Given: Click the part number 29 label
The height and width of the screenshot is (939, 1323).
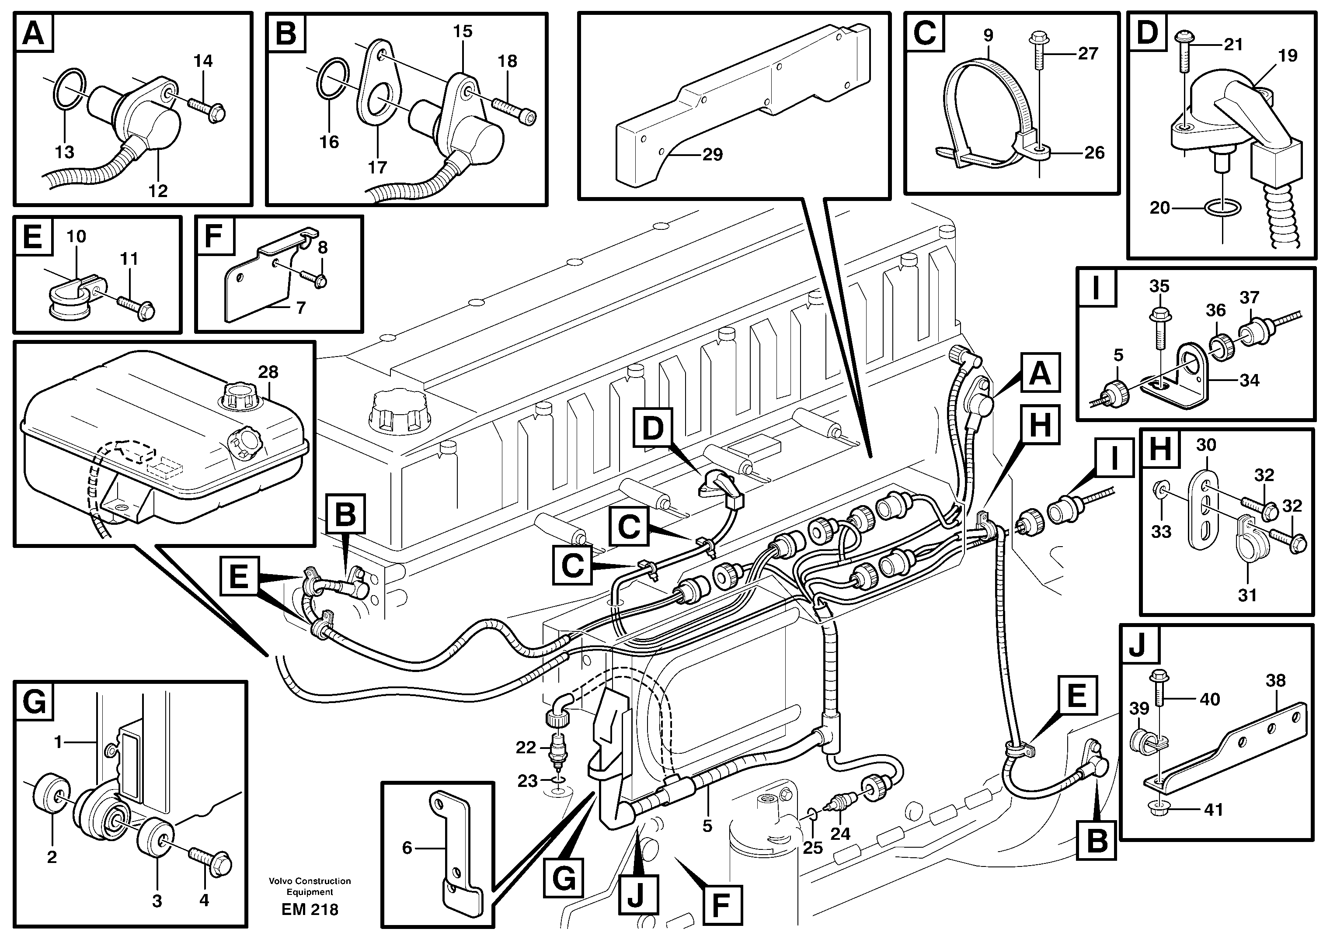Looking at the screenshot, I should point(712,155).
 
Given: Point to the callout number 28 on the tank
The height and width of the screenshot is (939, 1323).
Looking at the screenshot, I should point(268,372).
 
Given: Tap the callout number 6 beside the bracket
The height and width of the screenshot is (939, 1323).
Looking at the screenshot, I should point(407,848).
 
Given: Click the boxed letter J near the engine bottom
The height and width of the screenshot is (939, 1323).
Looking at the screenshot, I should point(635,898).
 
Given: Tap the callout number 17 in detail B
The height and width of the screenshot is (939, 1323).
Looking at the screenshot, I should point(377,168).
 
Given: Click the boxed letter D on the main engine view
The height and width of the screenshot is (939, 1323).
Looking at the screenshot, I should point(652,427).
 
